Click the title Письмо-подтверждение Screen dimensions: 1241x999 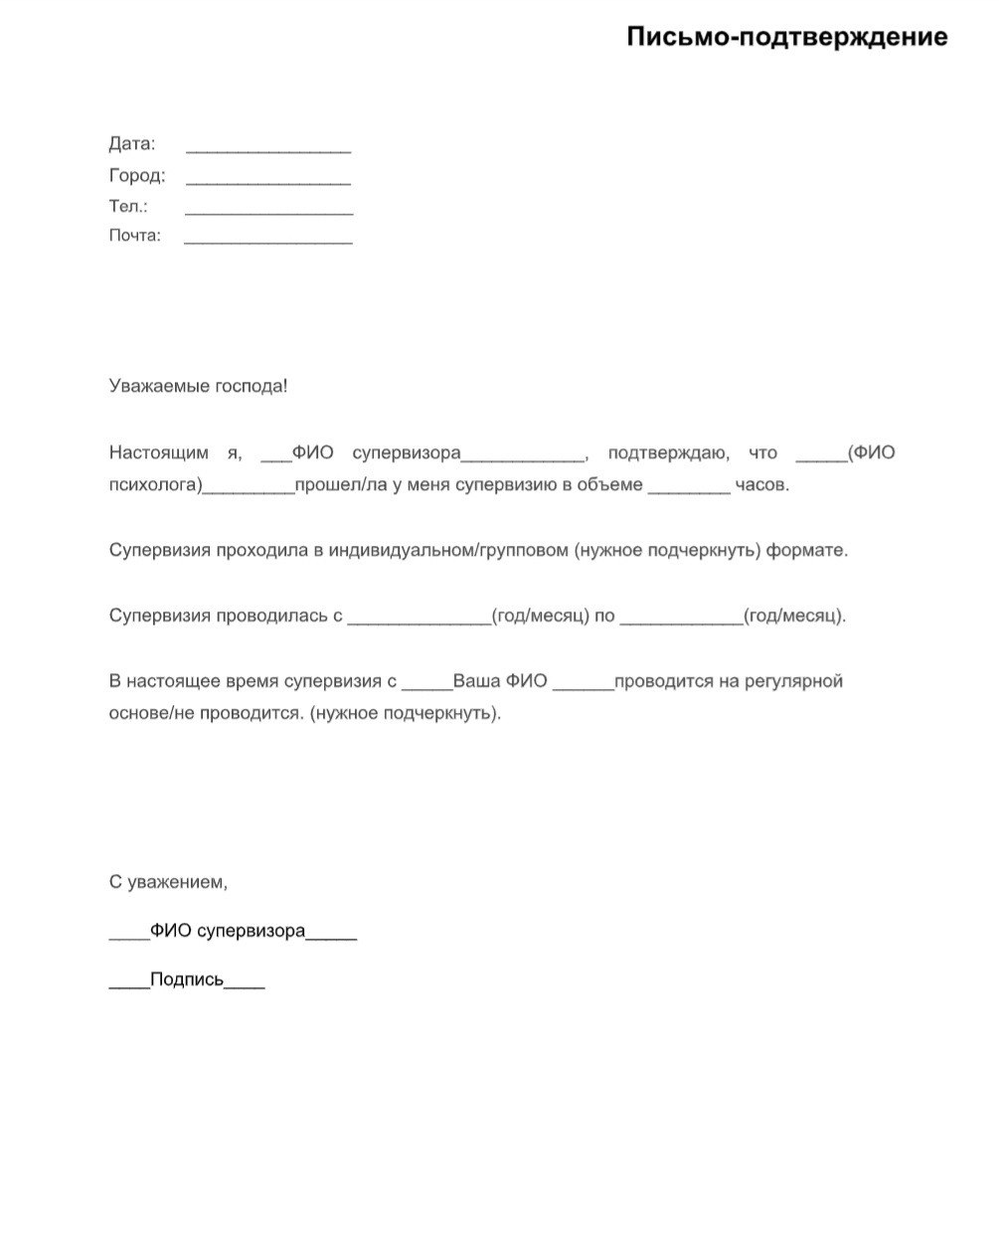[786, 38]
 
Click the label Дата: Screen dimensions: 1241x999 [132, 144]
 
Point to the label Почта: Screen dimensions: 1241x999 [134, 237]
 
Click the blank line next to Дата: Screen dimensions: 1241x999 [268, 150]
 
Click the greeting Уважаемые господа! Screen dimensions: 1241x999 [198, 386]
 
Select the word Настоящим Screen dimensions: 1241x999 [159, 453]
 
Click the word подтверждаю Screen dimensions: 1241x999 [668, 453]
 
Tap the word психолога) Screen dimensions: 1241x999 [156, 486]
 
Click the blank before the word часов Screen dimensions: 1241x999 [689, 489]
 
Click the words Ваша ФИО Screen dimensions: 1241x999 [500, 682]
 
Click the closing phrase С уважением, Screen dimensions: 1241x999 [168, 882]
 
